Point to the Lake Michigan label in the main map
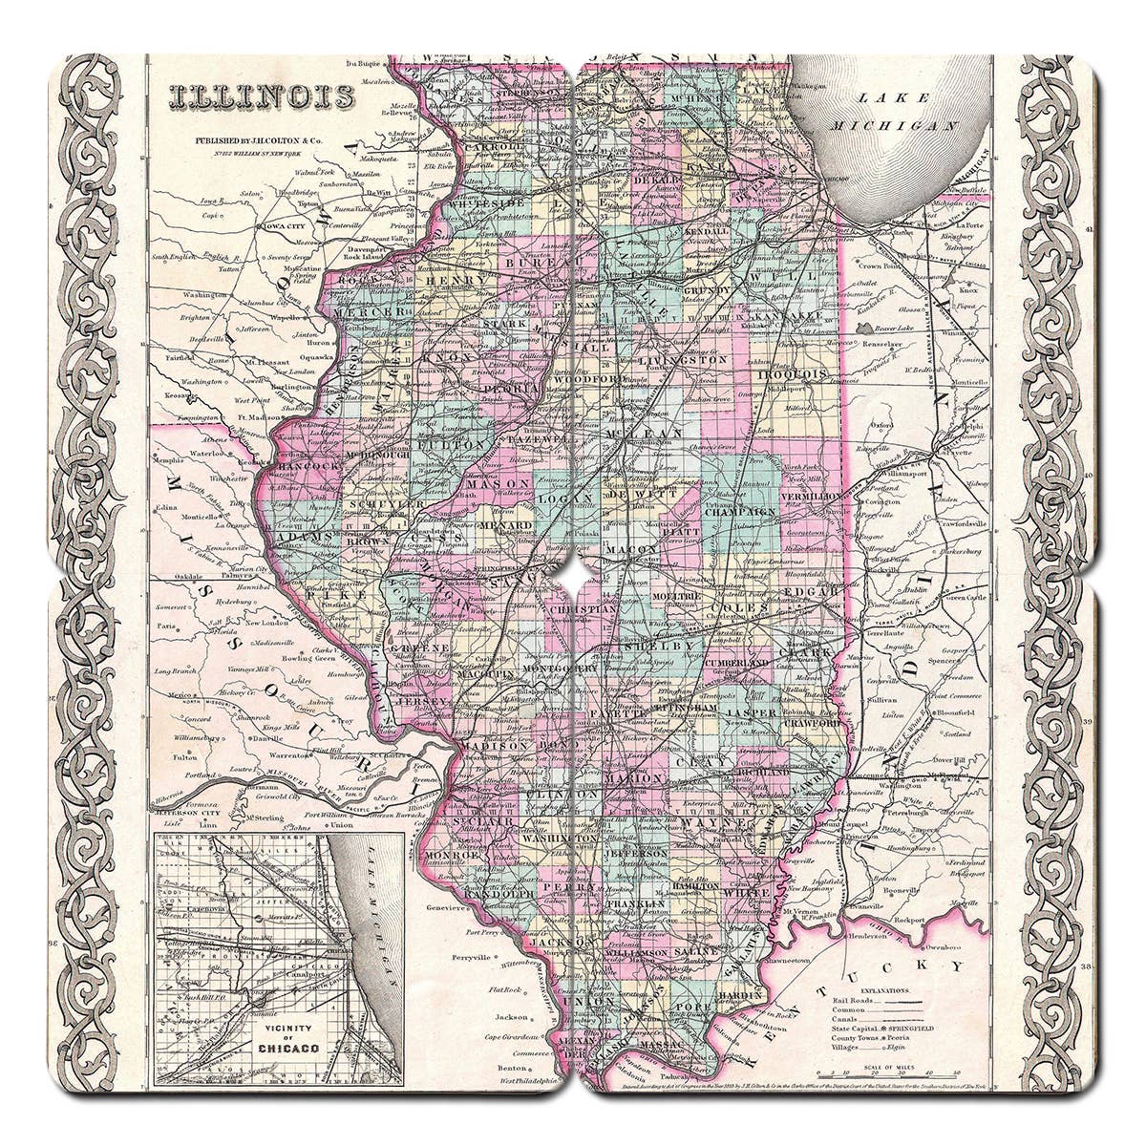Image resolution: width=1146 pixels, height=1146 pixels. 906,111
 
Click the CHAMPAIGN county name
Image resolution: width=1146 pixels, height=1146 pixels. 740,512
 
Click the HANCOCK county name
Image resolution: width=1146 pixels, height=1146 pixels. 308,465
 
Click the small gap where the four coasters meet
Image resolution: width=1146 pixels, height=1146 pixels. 572,572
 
